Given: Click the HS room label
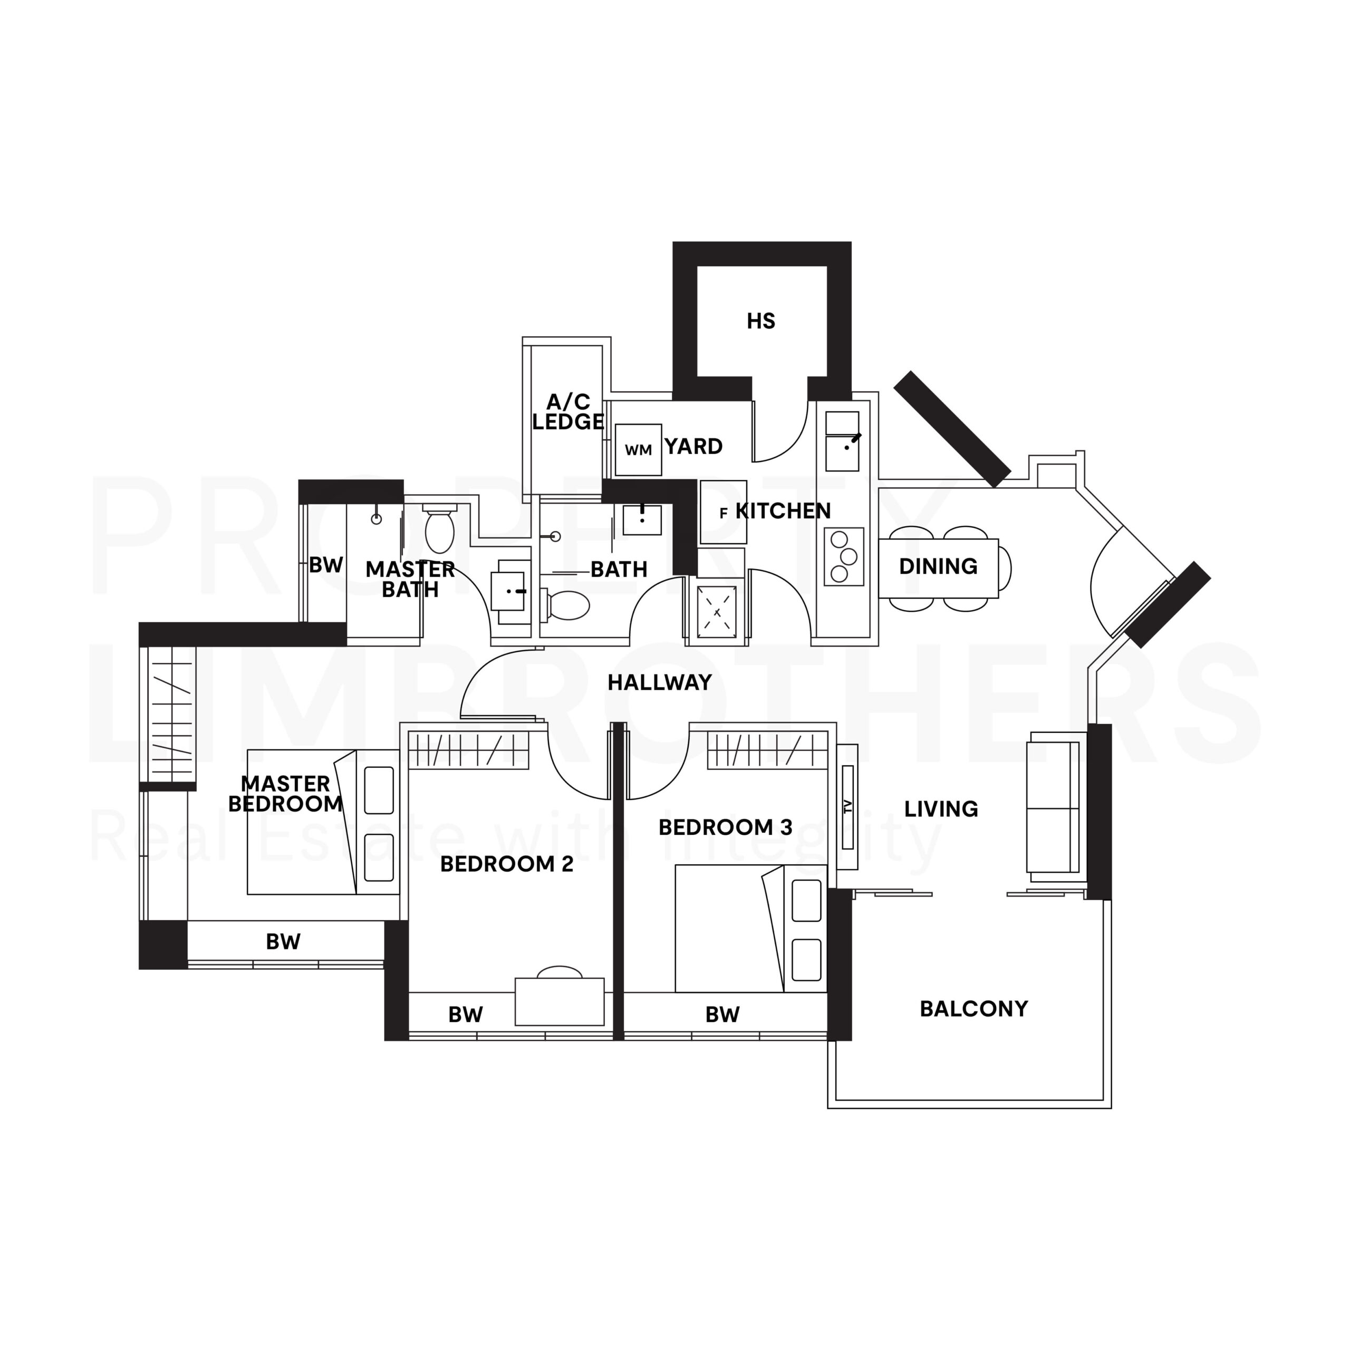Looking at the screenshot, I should tap(760, 322).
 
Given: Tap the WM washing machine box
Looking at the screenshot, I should tap(638, 450).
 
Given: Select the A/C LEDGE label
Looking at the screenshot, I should tap(567, 412).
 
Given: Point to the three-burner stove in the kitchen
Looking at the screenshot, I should tap(843, 557).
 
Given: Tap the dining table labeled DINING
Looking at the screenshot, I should tap(938, 567).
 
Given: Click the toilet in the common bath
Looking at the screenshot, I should tap(567, 606).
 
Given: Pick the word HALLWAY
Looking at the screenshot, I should tap(659, 683).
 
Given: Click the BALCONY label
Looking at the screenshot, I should tap(973, 1009).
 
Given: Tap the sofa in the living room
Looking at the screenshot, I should tap(1053, 808).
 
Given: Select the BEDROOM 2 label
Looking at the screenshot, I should tap(507, 864).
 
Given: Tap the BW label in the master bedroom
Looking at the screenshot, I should tap(283, 942).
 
